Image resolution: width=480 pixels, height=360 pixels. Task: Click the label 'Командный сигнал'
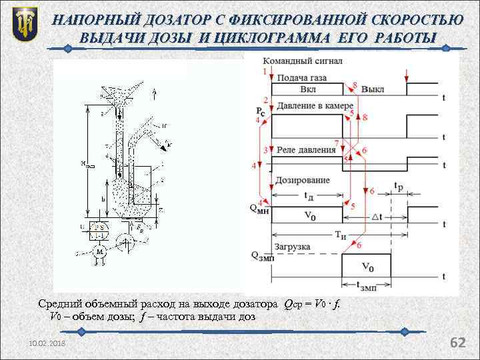point(303,61)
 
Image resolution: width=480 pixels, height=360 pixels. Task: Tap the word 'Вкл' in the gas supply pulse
point(308,89)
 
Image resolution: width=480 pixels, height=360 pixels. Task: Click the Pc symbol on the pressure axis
point(260,111)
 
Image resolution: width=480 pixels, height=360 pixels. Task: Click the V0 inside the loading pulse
point(367,267)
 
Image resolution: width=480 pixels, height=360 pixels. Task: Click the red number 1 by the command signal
point(265,71)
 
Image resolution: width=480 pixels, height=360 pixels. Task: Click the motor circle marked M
point(99,252)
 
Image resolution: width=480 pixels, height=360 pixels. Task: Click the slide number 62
point(458,343)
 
